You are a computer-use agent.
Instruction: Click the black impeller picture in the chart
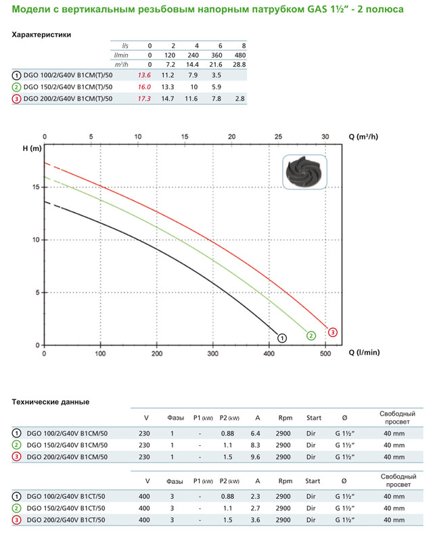coord(304,175)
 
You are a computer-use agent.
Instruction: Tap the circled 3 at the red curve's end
coord(332,332)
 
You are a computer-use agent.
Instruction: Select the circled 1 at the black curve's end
coord(282,336)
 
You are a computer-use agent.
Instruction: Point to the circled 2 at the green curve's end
coord(311,336)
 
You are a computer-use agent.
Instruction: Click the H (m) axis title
coord(23,149)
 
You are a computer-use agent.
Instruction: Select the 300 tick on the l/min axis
coord(213,353)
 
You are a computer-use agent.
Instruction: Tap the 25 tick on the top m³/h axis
coord(278,137)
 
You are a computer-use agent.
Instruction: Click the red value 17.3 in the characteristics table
coord(143,98)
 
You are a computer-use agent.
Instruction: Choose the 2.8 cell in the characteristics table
coord(240,98)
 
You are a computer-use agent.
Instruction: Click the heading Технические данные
coord(51,401)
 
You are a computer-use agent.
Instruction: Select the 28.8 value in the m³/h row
coord(239,64)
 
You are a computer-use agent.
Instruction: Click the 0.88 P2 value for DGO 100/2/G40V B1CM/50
coord(228,432)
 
